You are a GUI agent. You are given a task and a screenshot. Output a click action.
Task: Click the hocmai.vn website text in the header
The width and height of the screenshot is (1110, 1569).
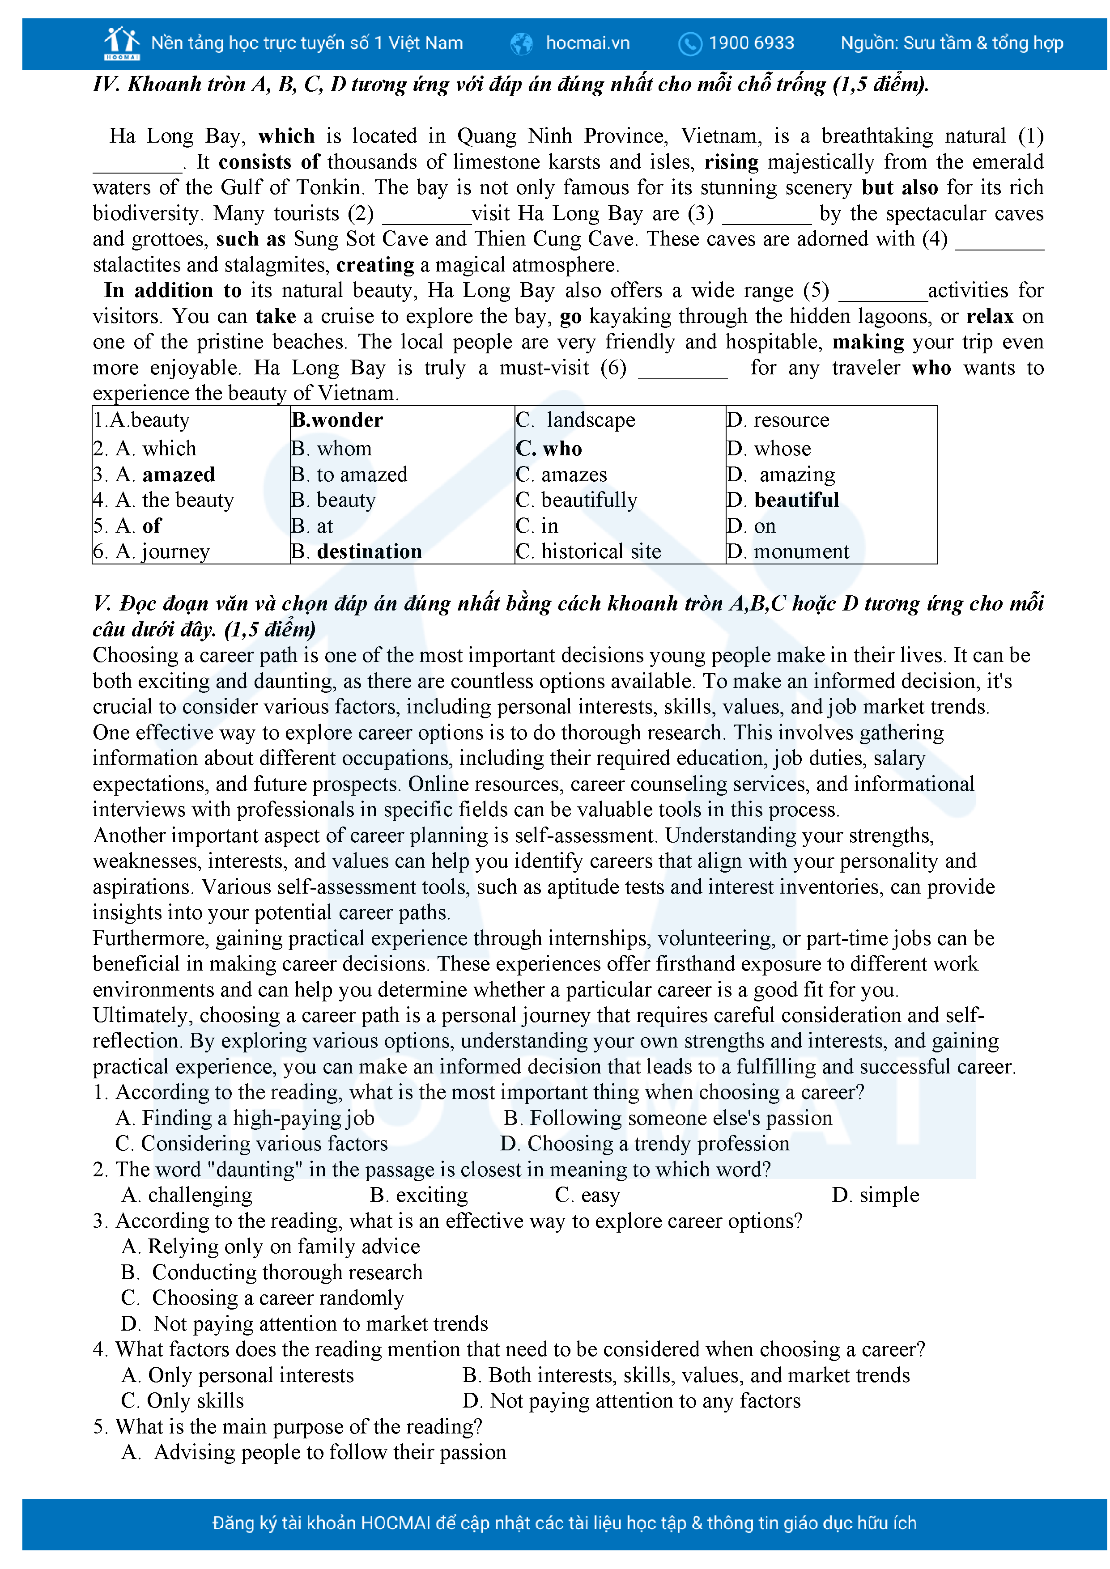pos(587,43)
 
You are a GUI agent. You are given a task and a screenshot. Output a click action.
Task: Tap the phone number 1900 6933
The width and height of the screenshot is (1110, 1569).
pos(751,43)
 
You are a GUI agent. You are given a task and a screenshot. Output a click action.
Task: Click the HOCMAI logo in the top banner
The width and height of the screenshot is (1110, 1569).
pos(122,43)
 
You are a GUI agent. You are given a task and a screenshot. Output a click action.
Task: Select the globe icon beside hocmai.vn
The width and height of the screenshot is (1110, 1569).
pos(522,44)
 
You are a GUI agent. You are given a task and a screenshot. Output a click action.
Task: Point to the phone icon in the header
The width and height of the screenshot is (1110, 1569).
pos(689,44)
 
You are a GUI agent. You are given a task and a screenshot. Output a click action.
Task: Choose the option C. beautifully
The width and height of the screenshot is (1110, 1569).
pos(576,500)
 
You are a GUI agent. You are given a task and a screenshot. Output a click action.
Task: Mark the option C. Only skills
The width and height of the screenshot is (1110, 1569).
pos(183,1400)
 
